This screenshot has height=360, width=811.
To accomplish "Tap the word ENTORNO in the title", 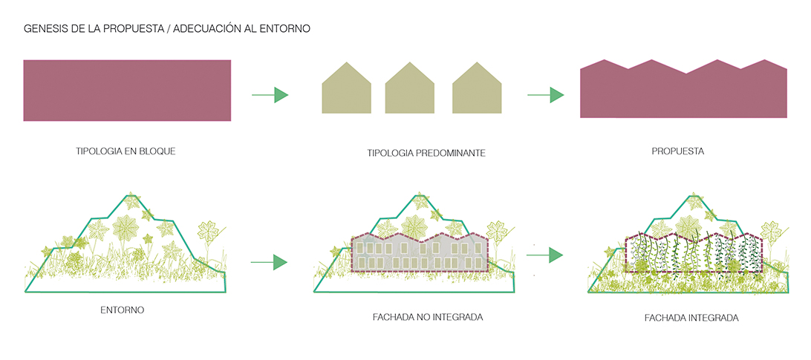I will [283, 30].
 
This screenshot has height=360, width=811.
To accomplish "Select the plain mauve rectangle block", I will [127, 90].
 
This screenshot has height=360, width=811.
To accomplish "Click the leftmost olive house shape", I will [345, 90].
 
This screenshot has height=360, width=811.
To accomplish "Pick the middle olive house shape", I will [409, 90].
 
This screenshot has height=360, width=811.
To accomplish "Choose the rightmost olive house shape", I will [476, 90].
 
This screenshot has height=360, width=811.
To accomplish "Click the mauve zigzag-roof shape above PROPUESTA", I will [683, 94].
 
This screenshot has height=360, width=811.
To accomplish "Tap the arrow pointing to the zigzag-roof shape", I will [545, 95].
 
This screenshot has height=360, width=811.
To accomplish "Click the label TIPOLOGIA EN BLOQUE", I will [126, 151].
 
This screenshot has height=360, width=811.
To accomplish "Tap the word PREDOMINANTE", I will [450, 154].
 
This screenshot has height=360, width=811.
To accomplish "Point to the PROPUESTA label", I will [677, 151].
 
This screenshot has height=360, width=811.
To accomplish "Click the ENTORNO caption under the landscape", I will [122, 310].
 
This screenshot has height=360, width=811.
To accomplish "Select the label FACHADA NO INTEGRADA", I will [428, 317].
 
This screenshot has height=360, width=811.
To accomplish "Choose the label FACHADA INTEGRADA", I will [691, 318].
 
